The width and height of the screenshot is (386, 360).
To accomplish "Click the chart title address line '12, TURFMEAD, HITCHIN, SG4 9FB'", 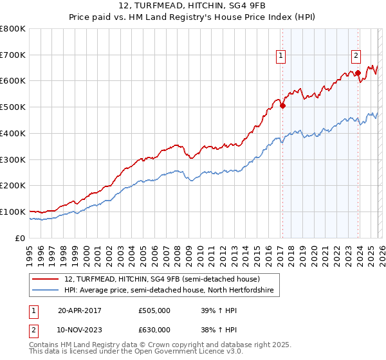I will click(x=192, y=5).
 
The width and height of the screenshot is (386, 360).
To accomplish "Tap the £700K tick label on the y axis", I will click(x=13, y=55).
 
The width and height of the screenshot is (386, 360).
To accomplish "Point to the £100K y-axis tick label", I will click(x=13, y=212).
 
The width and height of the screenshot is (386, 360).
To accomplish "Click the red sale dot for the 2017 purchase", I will click(x=282, y=106).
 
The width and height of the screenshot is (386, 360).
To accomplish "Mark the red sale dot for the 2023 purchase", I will click(x=358, y=73).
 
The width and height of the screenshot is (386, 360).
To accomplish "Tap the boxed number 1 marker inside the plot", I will click(x=282, y=56).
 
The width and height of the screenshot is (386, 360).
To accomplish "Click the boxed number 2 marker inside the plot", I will click(x=356, y=56).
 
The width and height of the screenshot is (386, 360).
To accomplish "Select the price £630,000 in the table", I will click(x=154, y=330).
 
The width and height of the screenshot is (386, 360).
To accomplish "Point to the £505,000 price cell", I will click(x=154, y=310).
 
